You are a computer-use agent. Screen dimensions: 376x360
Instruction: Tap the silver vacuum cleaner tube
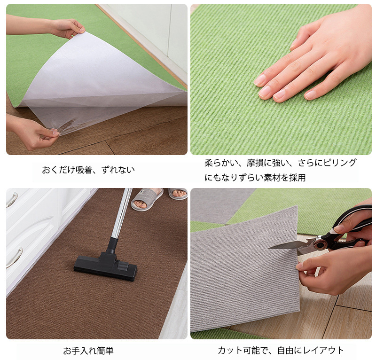[x=122, y=213]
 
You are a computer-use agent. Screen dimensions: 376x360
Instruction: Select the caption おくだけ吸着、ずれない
[x=88, y=170]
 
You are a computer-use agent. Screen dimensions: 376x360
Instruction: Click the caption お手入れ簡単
[x=88, y=351]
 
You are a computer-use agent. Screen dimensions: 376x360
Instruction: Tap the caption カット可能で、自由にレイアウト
[x=281, y=351]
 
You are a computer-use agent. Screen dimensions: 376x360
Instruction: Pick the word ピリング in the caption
[x=340, y=163]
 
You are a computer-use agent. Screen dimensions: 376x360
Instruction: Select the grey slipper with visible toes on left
[x=147, y=199]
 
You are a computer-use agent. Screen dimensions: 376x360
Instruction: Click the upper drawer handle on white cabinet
[x=12, y=200]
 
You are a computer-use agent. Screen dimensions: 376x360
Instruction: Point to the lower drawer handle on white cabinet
[x=15, y=258]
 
